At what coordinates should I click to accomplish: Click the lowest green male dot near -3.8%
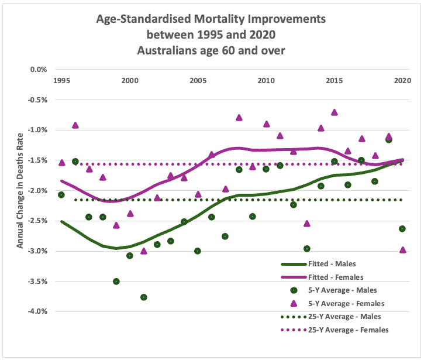click(x=143, y=297)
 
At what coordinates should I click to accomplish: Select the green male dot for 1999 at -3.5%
click(x=116, y=282)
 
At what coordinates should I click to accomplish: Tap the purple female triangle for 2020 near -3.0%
click(x=402, y=250)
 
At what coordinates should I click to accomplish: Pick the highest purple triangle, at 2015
click(x=335, y=112)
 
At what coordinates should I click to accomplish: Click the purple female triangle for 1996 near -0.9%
click(x=75, y=125)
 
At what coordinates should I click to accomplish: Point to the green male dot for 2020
click(x=402, y=229)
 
